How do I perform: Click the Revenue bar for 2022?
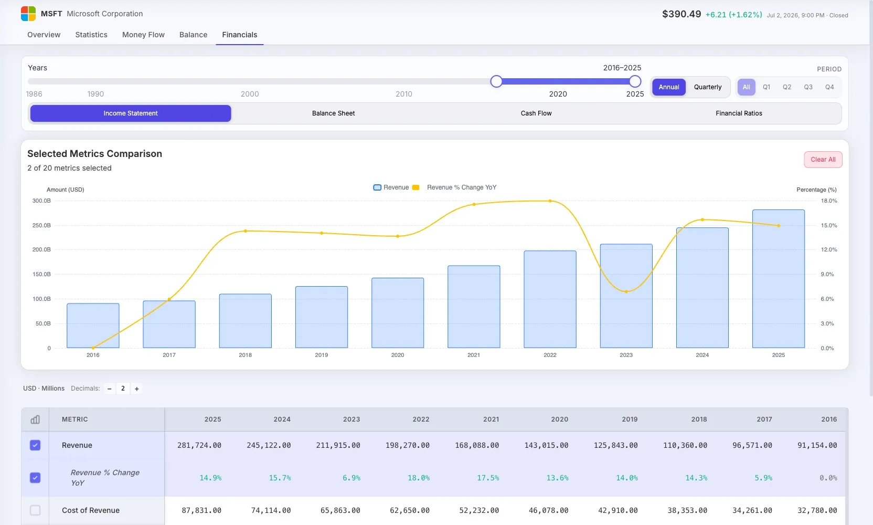point(550,299)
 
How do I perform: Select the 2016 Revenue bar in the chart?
point(93,325)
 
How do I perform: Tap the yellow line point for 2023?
point(626,291)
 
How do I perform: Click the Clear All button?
point(823,160)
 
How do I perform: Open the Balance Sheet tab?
point(333,113)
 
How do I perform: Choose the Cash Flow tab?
point(536,113)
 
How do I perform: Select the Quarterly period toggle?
point(707,87)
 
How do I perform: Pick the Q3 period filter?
point(808,87)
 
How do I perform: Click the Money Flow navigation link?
point(143,35)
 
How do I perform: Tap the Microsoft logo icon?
point(28,14)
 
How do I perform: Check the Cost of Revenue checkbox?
point(35,510)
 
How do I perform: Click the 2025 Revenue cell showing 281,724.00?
point(199,445)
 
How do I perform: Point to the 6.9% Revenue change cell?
point(351,478)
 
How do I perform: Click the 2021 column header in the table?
point(491,419)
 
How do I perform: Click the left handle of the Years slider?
point(496,81)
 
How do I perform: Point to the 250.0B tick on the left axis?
point(41,225)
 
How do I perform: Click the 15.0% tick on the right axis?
point(829,225)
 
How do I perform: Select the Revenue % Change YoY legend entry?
point(454,187)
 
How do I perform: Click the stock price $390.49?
point(682,14)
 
